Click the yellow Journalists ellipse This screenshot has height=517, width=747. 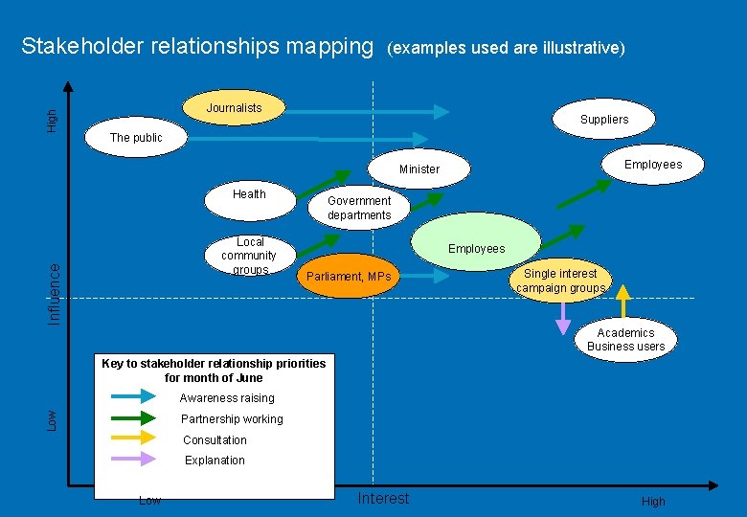pyautogui.click(x=235, y=107)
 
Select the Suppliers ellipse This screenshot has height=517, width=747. pyautogui.click(x=604, y=120)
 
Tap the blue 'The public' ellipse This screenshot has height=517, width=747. pyautogui.click(x=136, y=138)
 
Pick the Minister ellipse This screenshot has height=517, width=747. pyautogui.click(x=419, y=169)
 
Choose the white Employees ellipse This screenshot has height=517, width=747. pyautogui.click(x=653, y=165)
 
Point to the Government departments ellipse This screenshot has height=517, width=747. pyautogui.click(x=359, y=208)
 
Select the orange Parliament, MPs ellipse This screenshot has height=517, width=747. pyautogui.click(x=348, y=277)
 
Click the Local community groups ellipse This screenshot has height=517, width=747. pyautogui.click(x=250, y=256)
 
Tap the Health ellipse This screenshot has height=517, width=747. pyautogui.click(x=249, y=194)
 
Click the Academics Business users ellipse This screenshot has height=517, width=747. pyautogui.click(x=625, y=339)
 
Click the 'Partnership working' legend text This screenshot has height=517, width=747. pyautogui.click(x=232, y=419)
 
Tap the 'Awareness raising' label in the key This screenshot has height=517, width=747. pyautogui.click(x=227, y=398)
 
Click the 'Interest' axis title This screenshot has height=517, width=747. pyautogui.click(x=383, y=498)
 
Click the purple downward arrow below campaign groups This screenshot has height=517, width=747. pyautogui.click(x=563, y=319)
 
